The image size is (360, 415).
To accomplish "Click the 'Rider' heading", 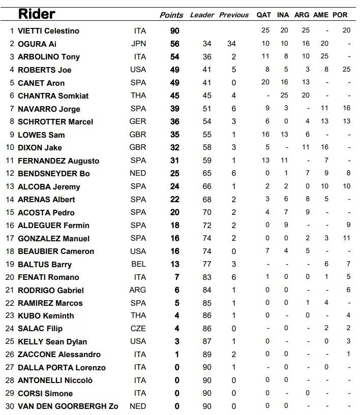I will [37, 14].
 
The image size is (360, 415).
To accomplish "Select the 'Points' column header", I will [171, 15].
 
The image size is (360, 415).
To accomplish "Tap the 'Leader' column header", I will [202, 15].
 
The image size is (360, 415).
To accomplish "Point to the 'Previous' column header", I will [234, 15].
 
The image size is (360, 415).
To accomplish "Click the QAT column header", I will [264, 15].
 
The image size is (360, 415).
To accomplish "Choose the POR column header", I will [340, 15].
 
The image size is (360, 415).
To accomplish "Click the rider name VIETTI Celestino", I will [48, 31].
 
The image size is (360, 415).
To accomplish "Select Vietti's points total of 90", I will [174, 31].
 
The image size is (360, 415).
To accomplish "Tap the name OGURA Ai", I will [37, 44].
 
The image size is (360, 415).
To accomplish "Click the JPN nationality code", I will [138, 44].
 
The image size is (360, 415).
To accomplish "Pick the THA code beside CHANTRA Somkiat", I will [138, 96].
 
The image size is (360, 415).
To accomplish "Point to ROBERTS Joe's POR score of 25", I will [346, 70].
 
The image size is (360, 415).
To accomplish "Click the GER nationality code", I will [138, 121].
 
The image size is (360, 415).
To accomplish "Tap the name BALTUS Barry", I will [45, 264].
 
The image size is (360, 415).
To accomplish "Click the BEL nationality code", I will [138, 264].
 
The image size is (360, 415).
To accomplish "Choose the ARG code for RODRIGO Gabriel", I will [138, 290].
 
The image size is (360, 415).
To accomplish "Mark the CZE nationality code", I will [138, 329].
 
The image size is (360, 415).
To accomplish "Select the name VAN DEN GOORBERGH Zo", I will [68, 406].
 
